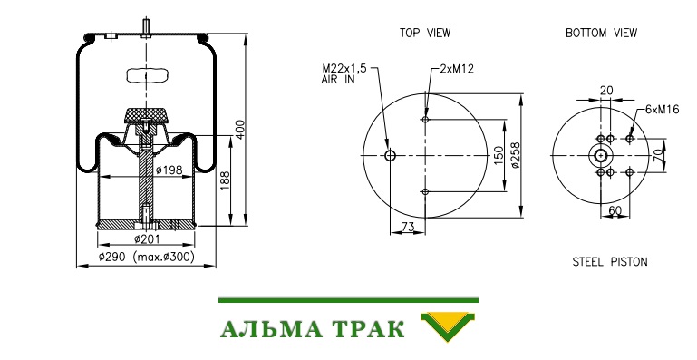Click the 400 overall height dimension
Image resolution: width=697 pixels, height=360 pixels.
[x=240, y=130]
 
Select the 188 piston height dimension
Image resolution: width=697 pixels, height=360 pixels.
[x=225, y=181]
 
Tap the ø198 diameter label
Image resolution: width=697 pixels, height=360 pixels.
[x=169, y=170]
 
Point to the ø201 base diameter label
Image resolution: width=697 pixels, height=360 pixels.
[x=147, y=239]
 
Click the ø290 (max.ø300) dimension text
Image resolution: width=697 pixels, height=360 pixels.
[x=146, y=257]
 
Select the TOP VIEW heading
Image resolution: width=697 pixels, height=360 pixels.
[x=425, y=33]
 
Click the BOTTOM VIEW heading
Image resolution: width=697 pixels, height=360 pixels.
[x=602, y=33]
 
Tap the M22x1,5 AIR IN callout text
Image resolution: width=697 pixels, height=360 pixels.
[x=344, y=73]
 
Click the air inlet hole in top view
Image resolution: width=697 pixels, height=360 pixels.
[x=391, y=155]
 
